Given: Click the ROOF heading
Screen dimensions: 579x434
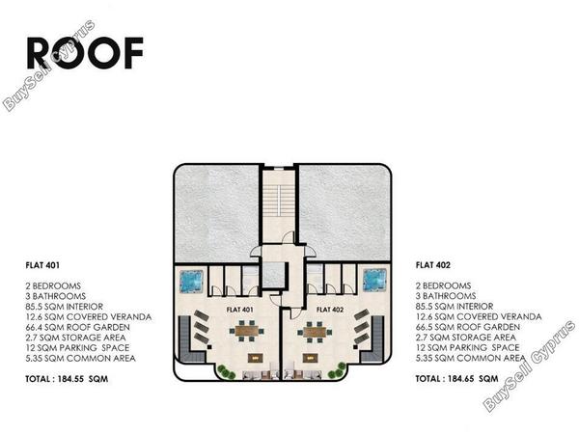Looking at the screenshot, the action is pos(85,53).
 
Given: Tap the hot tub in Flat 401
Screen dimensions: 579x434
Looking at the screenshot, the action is pos(192,282).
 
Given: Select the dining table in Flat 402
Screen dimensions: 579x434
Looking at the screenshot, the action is pos(315,331).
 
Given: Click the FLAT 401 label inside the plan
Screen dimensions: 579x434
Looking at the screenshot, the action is pos(239,310).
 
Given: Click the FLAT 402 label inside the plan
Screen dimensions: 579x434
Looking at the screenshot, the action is pos(330,310).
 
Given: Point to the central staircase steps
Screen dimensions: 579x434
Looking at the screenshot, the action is pos(279,201).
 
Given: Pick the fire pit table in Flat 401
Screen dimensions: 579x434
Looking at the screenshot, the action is pos(255,358).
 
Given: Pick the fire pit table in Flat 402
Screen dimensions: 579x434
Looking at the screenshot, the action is pos(310,358).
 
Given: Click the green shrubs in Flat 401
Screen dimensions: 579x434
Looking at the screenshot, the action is pos(226,371).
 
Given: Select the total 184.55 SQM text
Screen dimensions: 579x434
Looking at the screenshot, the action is pos(67,379).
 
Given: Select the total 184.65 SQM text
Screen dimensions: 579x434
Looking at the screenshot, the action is pos(456,379).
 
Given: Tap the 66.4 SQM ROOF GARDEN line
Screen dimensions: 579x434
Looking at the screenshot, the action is pos(77,327).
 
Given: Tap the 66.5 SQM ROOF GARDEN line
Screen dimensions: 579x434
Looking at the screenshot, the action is pos(467,327).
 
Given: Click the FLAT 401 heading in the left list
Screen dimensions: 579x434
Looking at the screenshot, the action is pos(42,265).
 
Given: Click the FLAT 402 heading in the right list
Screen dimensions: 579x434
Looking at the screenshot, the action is pos(432,265).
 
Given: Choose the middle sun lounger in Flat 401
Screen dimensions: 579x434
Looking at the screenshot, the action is pos(202,327).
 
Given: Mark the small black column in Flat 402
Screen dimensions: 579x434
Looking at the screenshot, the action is pos(355,347).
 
